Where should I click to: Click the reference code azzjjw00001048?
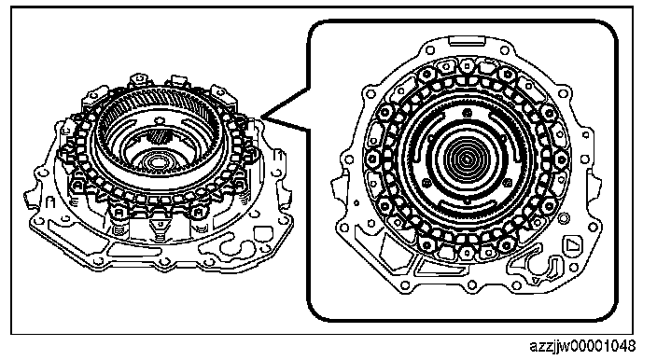pos(582,347)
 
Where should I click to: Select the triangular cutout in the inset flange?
pos(571,244)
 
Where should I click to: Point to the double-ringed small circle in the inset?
pos(565,217)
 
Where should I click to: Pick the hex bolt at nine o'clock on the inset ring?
pos(372,159)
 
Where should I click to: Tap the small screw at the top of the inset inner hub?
pos(468,112)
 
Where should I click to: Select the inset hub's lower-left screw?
pos(426,183)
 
